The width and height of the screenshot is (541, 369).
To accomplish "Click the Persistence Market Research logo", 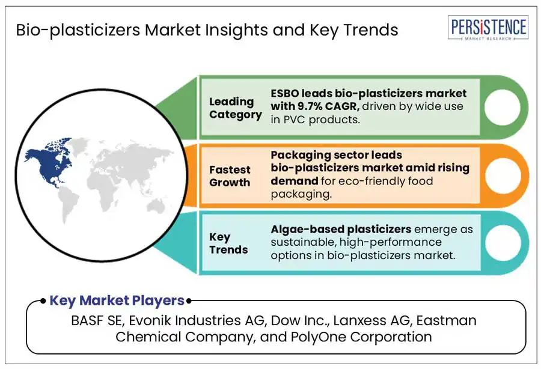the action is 488,28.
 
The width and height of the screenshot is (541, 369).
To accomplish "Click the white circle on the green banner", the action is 502,107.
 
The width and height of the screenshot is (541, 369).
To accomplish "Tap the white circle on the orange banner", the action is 503,175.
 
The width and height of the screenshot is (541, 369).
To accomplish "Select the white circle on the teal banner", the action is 503,243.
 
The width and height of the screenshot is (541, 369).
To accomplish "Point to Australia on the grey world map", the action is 156,207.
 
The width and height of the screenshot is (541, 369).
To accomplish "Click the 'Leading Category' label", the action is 235,108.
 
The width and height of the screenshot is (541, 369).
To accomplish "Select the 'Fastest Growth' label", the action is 230,176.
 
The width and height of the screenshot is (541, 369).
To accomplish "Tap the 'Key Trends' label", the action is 228,243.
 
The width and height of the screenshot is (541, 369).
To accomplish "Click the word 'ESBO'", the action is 285,93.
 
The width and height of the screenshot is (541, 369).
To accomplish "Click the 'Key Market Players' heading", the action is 117,300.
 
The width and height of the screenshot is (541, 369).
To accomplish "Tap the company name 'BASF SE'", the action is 96,320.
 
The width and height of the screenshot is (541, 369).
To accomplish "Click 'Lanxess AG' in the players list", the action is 371,320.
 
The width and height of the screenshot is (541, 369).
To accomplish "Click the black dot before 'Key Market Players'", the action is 43,301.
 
